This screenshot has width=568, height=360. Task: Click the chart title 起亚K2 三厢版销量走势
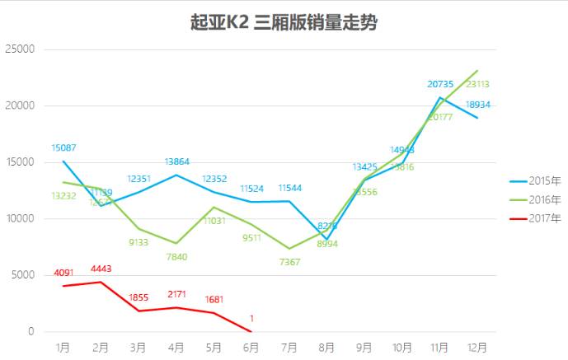coord(284,22)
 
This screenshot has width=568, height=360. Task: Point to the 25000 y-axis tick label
coord(21,49)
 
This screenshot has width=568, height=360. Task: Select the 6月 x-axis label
coord(251,348)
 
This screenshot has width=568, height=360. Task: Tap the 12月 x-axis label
coord(476,348)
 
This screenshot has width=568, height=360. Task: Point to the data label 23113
coord(478,83)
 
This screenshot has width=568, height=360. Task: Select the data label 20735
coord(440,84)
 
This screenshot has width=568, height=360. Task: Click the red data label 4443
coord(101,269)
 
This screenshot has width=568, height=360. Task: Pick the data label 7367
coord(289,262)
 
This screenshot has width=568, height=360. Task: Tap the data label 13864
coord(176,162)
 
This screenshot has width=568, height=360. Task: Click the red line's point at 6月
coord(251,331)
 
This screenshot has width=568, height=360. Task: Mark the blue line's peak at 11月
coord(439,98)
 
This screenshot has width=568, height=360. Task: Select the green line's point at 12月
coord(477,71)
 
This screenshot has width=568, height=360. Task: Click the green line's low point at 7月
coord(289,249)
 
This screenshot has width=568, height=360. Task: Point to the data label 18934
coord(478,105)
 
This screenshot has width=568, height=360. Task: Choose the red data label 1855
coord(139,297)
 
